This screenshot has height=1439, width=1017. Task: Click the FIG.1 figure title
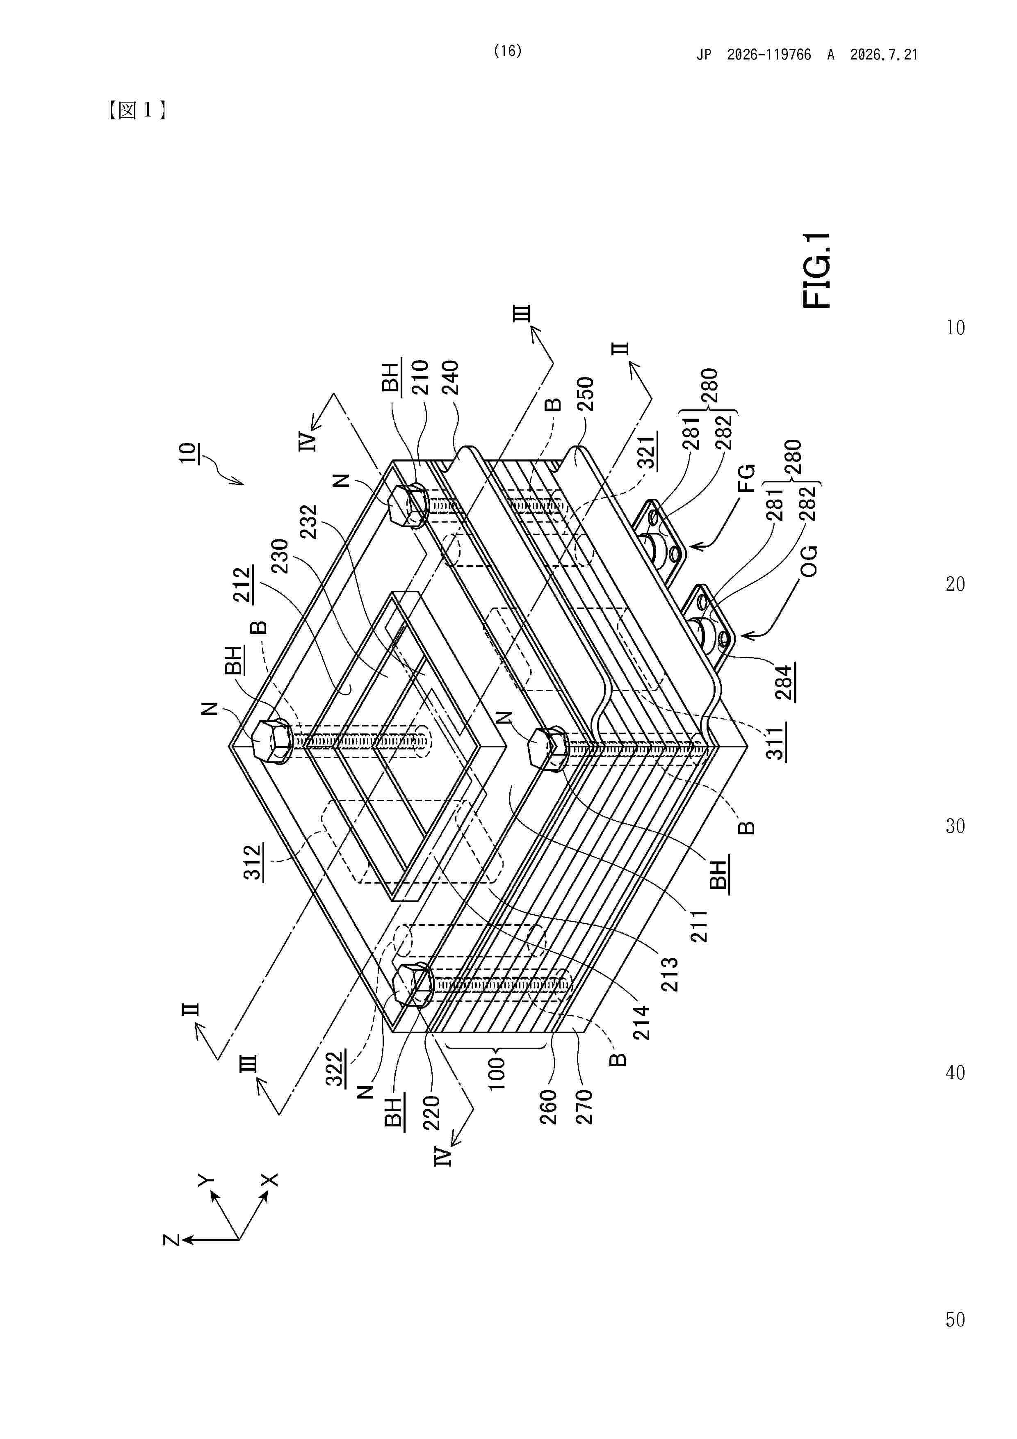(x=816, y=270)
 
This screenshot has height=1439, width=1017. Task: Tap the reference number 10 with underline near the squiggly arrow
(x=187, y=452)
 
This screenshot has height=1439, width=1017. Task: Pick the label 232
(x=309, y=521)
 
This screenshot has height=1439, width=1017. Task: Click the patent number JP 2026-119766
(x=754, y=55)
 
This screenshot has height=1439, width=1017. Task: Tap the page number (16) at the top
(x=508, y=51)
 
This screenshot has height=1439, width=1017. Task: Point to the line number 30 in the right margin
(x=955, y=826)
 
